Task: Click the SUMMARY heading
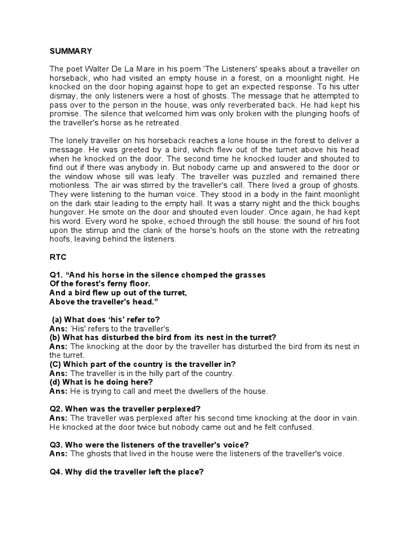click(x=70, y=51)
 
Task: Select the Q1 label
click(x=56, y=275)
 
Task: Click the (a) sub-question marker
click(x=57, y=319)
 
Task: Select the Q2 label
click(x=56, y=409)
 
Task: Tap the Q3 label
click(x=56, y=445)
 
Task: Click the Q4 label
click(x=56, y=472)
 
